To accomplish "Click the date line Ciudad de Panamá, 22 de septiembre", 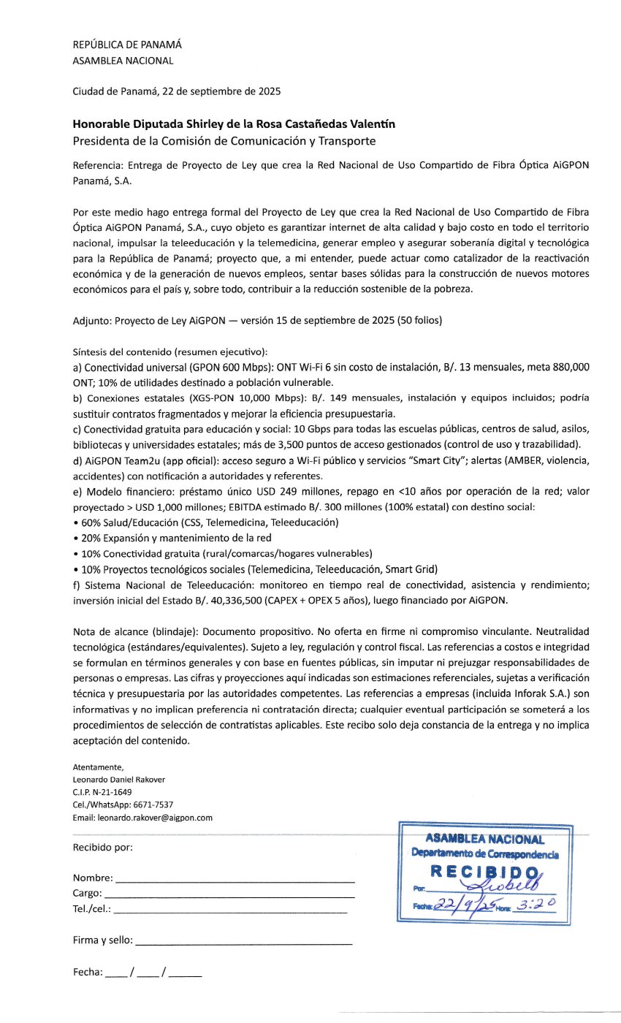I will (176, 92).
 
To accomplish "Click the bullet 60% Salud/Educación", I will (207, 522).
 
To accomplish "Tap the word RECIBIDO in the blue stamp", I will (484, 872).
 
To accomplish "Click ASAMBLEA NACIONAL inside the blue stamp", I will (484, 840).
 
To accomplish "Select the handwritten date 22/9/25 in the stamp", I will (464, 905).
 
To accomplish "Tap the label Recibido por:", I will (103, 848).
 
